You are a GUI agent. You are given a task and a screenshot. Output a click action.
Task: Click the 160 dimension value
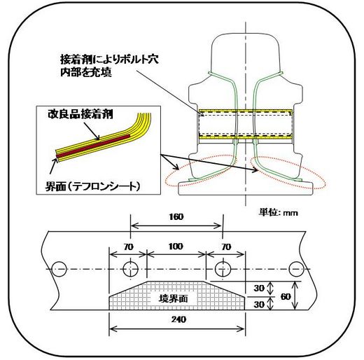pos(176,217)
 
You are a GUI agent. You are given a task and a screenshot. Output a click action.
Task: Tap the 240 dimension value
pos(178,319)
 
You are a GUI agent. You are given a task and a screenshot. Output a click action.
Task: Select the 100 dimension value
pos(176,247)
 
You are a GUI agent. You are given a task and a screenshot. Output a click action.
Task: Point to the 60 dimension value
pos(286,297)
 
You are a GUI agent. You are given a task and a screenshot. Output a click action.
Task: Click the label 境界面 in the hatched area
pos(173,299)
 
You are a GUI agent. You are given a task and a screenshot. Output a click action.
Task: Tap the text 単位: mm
pos(279,213)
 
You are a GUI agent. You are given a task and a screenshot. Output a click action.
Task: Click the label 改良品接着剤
pos(80,114)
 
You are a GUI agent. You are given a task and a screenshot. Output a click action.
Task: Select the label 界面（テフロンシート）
pos(93,186)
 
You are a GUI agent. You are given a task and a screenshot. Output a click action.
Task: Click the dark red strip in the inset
pos(93,145)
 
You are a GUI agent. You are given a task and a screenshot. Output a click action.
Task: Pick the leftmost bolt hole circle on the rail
pos(59,269)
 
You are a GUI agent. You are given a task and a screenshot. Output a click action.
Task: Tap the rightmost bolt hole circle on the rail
pos(296,269)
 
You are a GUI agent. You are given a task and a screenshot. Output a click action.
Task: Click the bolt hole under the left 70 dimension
pos(131,269)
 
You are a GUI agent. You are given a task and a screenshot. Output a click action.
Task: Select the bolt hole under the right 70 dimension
pos(223,269)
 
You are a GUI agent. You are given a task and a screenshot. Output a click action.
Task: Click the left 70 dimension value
pos(129,247)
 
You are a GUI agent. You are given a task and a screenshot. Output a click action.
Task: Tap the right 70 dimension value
pos(226,247)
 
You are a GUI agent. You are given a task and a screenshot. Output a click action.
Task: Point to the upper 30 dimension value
pos(259,289)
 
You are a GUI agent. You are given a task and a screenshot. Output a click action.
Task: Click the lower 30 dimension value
pos(259,305)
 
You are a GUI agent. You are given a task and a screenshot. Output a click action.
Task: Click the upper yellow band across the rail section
pos(246,111)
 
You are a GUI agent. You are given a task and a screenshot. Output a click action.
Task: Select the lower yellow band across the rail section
pos(246,137)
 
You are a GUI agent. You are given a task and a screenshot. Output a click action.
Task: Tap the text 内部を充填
pos(86,72)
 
